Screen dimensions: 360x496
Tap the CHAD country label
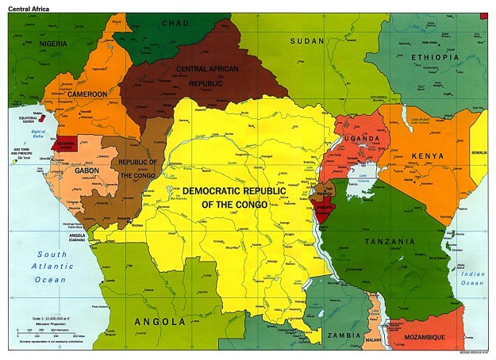[175, 23]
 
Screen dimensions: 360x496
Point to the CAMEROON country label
[87, 94]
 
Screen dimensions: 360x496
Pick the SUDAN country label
[307, 40]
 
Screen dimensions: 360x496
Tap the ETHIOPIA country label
[435, 58]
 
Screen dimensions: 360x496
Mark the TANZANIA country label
[389, 241]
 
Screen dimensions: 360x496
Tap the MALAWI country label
[373, 339]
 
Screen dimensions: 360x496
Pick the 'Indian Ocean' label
[473, 278]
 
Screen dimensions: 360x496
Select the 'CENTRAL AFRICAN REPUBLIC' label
[207, 75]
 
